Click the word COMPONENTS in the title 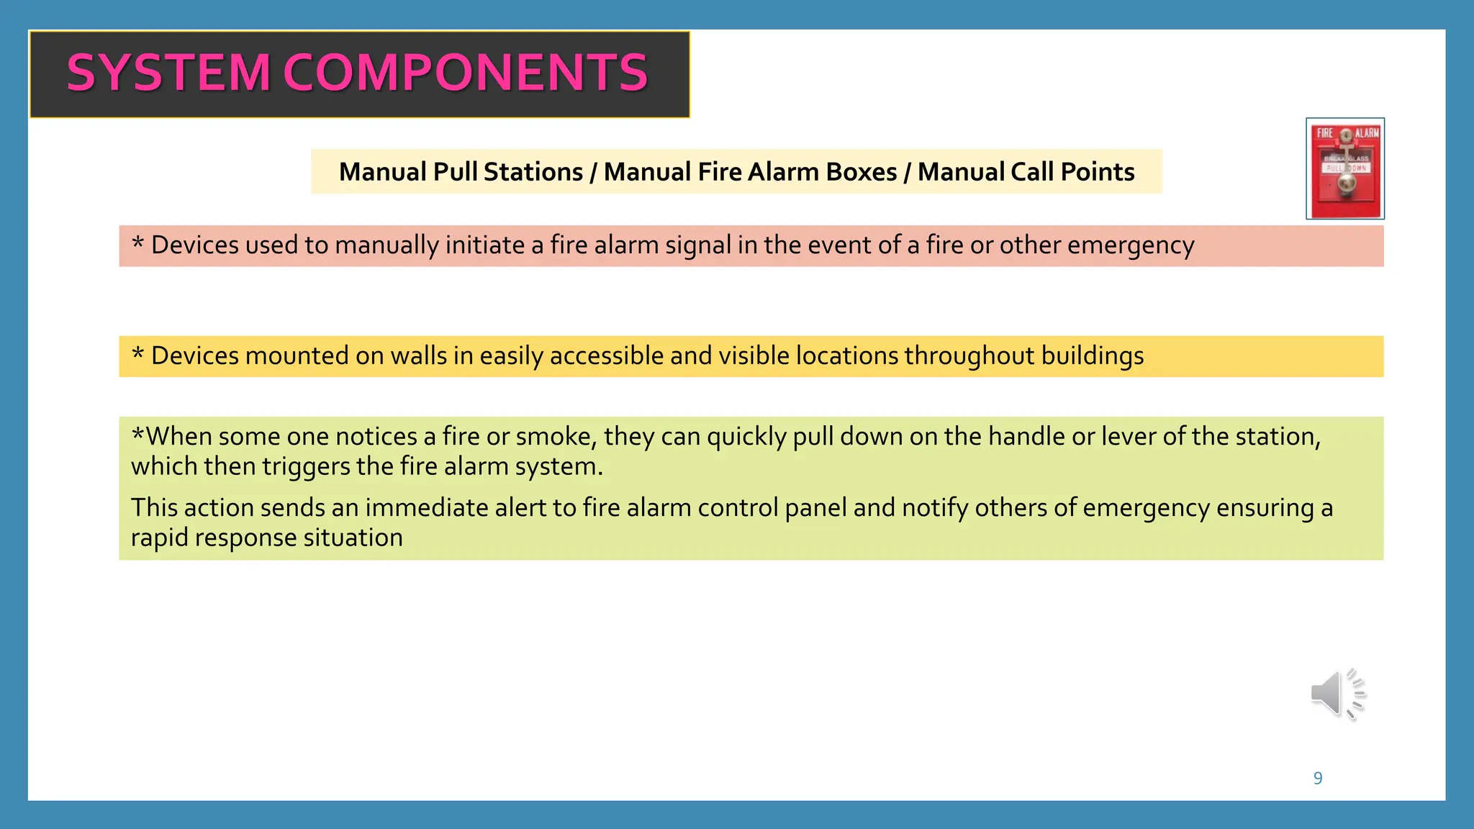466,73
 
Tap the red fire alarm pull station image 1345,168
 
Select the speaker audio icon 1337,694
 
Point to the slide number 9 1318,778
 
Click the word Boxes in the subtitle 862,172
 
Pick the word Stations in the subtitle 533,172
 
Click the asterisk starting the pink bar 137,244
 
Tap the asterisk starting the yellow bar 137,355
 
